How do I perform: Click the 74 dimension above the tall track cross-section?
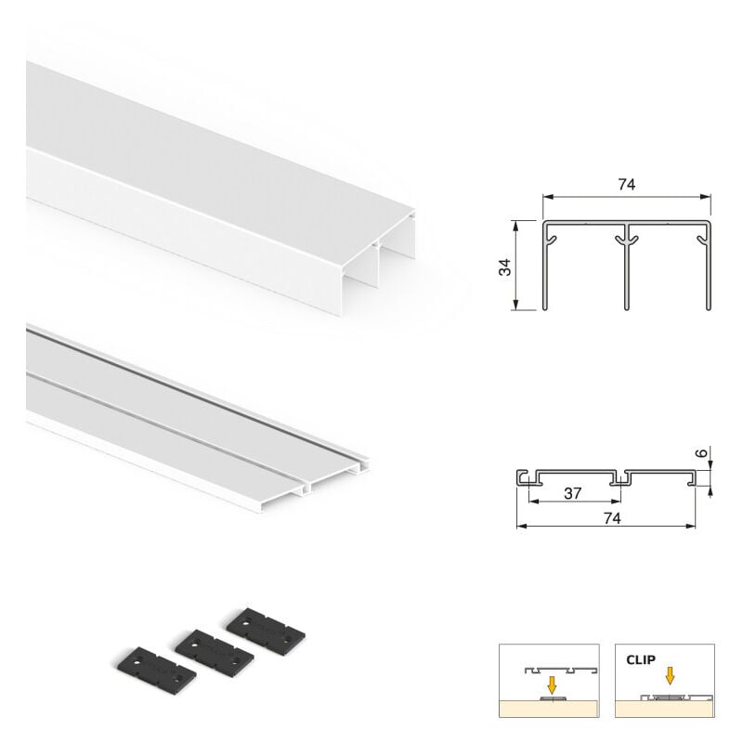click(626, 184)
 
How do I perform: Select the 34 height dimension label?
click(505, 267)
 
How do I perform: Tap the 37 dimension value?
click(572, 494)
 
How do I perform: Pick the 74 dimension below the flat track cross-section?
click(612, 518)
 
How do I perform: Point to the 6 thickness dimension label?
click(703, 453)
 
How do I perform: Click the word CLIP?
click(641, 659)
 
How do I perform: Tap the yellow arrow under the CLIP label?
click(670, 676)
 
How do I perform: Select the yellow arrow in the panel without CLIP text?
click(552, 684)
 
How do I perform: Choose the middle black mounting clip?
click(215, 649)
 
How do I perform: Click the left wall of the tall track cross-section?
click(545, 266)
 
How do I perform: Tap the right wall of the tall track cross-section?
click(709, 266)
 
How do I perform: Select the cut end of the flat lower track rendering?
click(332, 478)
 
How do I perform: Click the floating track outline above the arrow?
click(561, 670)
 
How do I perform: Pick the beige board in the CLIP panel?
click(664, 709)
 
